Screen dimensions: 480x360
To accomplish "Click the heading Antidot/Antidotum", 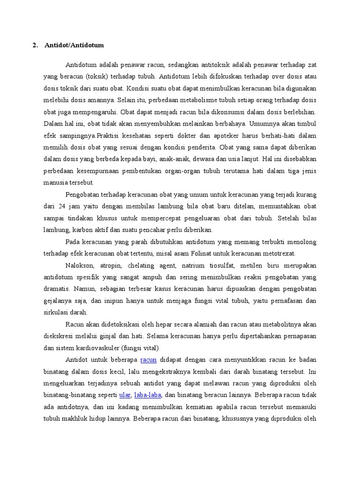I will click(x=74, y=45).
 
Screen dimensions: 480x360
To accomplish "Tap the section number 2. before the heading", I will click(x=35, y=45).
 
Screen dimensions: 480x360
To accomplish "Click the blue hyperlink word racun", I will click(x=148, y=360).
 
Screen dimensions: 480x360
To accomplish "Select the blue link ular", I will click(x=125, y=395).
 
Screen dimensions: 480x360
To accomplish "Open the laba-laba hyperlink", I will click(x=148, y=395).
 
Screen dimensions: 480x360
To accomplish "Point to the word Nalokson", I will click(x=80, y=265).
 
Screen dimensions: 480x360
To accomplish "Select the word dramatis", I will click(x=56, y=289).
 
